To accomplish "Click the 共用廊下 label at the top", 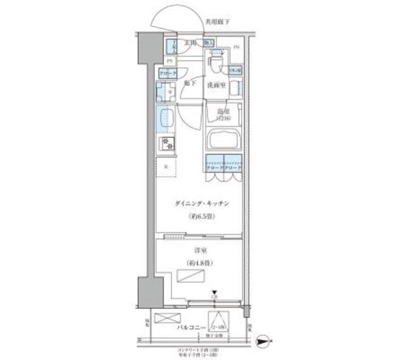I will point(217,22).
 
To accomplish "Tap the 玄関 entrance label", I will point(190,42).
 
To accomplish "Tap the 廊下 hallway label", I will point(189,83).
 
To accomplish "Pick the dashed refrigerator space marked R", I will point(166,167).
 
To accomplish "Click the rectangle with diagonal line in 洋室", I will point(192,276).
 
